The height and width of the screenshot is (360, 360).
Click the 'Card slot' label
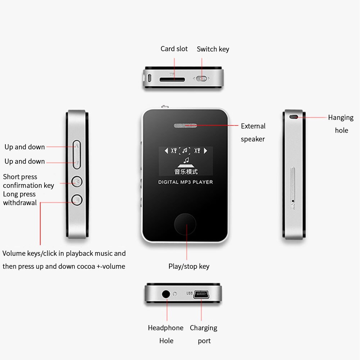174,49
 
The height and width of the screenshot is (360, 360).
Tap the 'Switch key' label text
213,49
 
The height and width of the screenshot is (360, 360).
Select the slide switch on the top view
202,78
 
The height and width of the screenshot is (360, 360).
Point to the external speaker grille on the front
186,126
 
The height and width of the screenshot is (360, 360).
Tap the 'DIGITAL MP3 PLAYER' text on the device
186,182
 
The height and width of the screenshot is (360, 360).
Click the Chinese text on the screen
186,172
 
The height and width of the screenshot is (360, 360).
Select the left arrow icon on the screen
166,150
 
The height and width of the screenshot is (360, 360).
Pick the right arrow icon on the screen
206,150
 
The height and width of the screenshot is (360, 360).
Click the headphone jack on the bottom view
166,294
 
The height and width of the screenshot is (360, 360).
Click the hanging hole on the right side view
294,117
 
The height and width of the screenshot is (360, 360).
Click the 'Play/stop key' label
189,266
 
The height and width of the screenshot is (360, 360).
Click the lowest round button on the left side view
77,199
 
